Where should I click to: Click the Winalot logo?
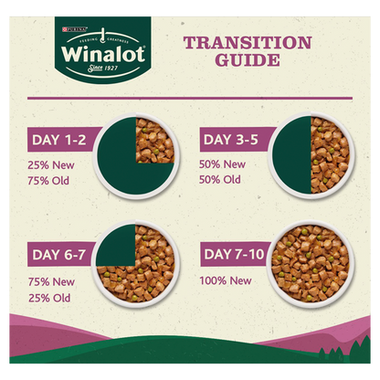point(87,50)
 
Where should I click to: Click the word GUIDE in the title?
point(248,62)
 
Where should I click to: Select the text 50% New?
point(223,164)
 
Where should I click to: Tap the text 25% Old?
point(50,297)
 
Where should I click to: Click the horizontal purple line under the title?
point(190,97)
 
